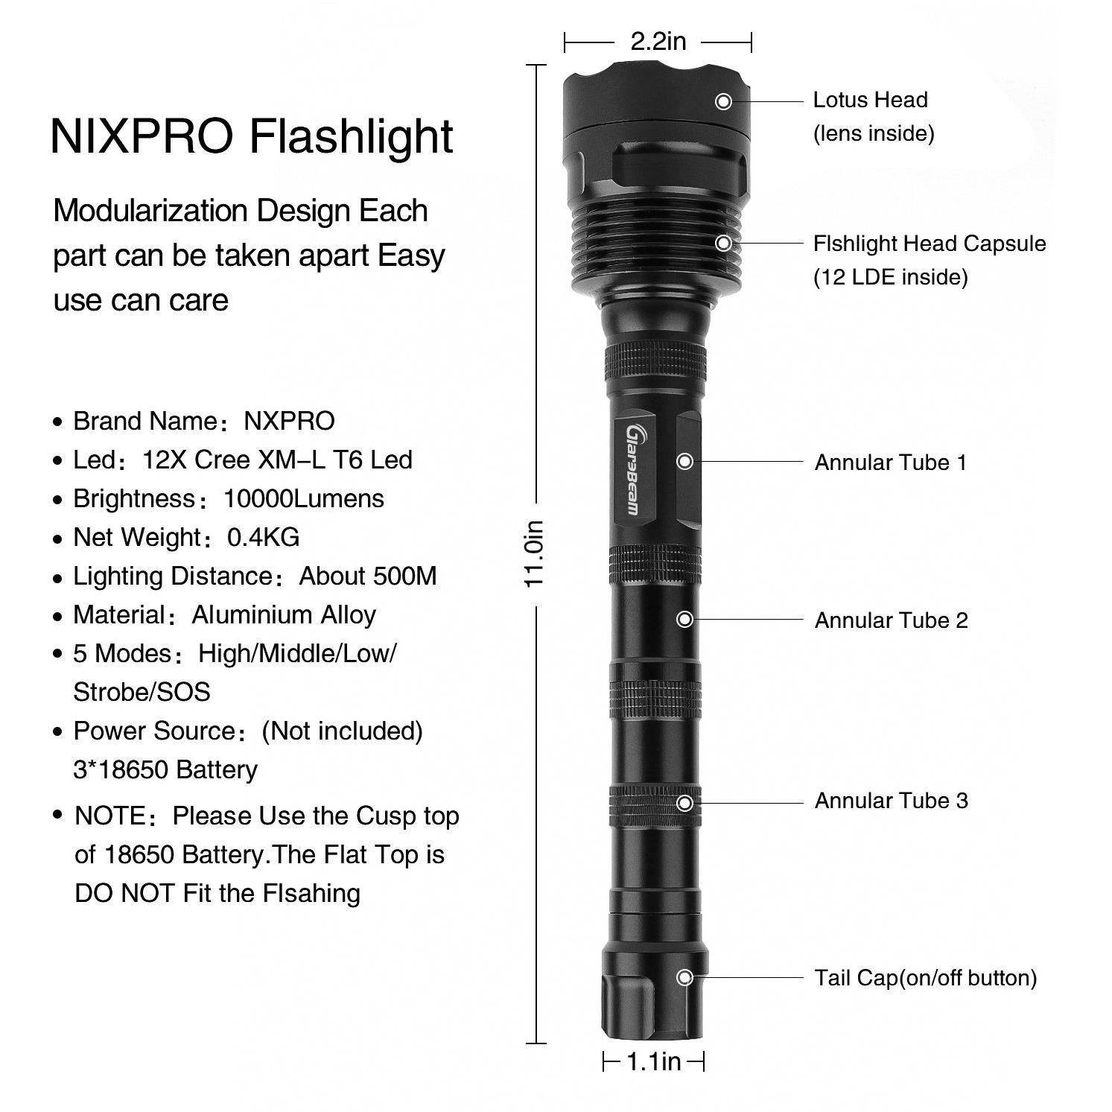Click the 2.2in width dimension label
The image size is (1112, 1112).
click(658, 41)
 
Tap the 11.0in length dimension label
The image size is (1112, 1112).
click(535, 554)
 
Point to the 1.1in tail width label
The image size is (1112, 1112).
click(653, 1061)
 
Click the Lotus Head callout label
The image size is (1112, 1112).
click(870, 100)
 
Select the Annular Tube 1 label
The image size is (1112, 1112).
click(890, 463)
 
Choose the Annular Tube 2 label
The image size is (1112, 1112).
click(891, 620)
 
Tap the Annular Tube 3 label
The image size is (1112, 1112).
click(891, 801)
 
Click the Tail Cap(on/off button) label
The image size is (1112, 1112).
click(925, 978)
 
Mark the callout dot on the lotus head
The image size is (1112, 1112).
click(723, 101)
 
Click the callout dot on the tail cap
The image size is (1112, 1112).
click(684, 977)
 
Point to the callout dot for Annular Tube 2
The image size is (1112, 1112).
click(684, 619)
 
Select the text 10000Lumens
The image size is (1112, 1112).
click(304, 498)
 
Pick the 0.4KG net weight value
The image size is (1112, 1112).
click(263, 537)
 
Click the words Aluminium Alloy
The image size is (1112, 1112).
click(284, 615)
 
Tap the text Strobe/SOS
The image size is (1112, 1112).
click(142, 692)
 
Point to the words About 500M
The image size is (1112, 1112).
click(368, 576)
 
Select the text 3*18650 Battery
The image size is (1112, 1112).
click(165, 769)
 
